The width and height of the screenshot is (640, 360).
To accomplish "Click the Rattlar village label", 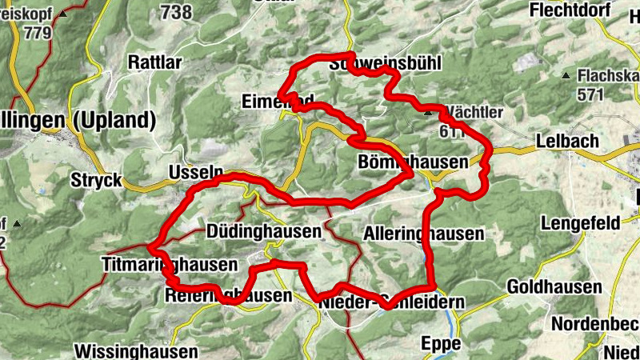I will coord(155,62).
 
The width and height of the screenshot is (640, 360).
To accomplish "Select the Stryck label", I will coord(96,178).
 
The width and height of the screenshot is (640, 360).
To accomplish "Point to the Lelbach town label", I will coord(567,141).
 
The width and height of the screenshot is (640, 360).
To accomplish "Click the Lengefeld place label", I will coord(580,223).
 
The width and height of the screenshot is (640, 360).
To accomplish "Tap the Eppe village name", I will coord(441,343).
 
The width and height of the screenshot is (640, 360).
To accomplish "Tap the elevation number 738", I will coord(176,11).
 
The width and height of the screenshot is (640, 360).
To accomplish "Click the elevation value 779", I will coord(38,33).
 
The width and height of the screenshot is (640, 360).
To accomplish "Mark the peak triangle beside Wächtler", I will coord(427,113).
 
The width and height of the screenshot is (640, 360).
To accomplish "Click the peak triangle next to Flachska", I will coord(566,76).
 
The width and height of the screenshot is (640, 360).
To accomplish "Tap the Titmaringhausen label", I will coord(170,264).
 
